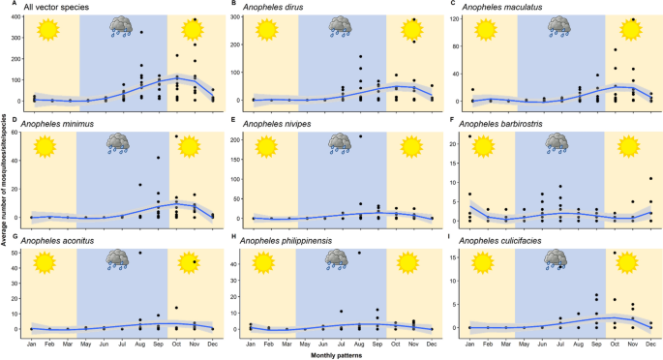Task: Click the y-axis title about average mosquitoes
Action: click(x=5, y=179)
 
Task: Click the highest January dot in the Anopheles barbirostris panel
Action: click(x=470, y=136)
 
